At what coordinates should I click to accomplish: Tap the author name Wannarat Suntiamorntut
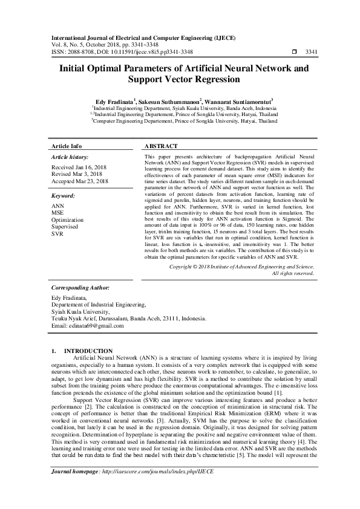point(239,101)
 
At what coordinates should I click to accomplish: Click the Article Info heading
point(67,147)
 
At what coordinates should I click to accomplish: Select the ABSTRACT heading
point(161,147)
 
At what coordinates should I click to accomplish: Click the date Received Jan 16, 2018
point(79,167)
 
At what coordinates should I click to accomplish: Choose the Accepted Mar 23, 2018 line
point(80,181)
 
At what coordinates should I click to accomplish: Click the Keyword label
point(63,196)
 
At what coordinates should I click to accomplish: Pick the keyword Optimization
point(68,220)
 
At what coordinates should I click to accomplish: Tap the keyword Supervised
point(67,227)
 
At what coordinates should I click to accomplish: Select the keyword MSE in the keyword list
point(58,213)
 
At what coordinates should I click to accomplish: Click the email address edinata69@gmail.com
point(88,325)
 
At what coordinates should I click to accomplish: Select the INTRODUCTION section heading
point(88,351)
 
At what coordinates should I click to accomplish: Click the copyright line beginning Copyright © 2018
point(241,266)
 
